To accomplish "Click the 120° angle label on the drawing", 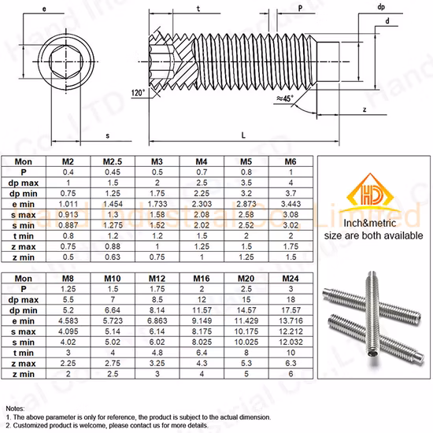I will click(x=138, y=93).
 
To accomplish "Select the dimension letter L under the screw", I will click(x=243, y=135).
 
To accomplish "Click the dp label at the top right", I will click(x=381, y=6).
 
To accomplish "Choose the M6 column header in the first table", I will click(x=291, y=161).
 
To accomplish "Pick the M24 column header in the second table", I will click(x=291, y=279).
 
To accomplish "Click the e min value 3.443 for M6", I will click(x=291, y=204).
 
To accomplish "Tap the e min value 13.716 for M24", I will click(x=291, y=322).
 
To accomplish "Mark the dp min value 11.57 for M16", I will click(x=201, y=311).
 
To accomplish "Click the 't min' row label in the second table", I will click(x=24, y=353).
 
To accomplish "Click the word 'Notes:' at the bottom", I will click(x=15, y=409).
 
